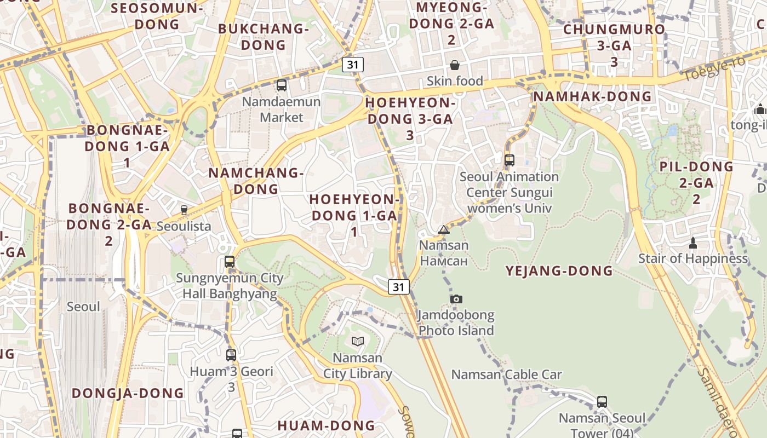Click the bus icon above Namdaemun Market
(x=282, y=85)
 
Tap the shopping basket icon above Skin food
(x=455, y=66)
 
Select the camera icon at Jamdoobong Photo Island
(x=456, y=299)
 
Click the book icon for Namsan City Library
(x=358, y=342)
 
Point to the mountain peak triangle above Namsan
(x=444, y=229)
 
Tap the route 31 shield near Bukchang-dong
(x=353, y=64)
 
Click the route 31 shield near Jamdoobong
(x=399, y=286)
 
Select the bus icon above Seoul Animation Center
(x=510, y=160)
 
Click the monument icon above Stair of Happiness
(x=692, y=243)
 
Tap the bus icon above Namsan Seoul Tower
(x=602, y=402)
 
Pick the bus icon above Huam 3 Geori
(x=231, y=355)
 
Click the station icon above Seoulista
(x=184, y=210)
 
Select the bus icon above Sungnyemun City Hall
(x=230, y=262)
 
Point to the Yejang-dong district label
(x=559, y=271)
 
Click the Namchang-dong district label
(x=256, y=181)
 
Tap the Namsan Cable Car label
(x=506, y=375)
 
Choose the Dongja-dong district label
(x=128, y=393)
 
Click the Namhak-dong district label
(x=593, y=97)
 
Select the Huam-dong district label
(x=326, y=425)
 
